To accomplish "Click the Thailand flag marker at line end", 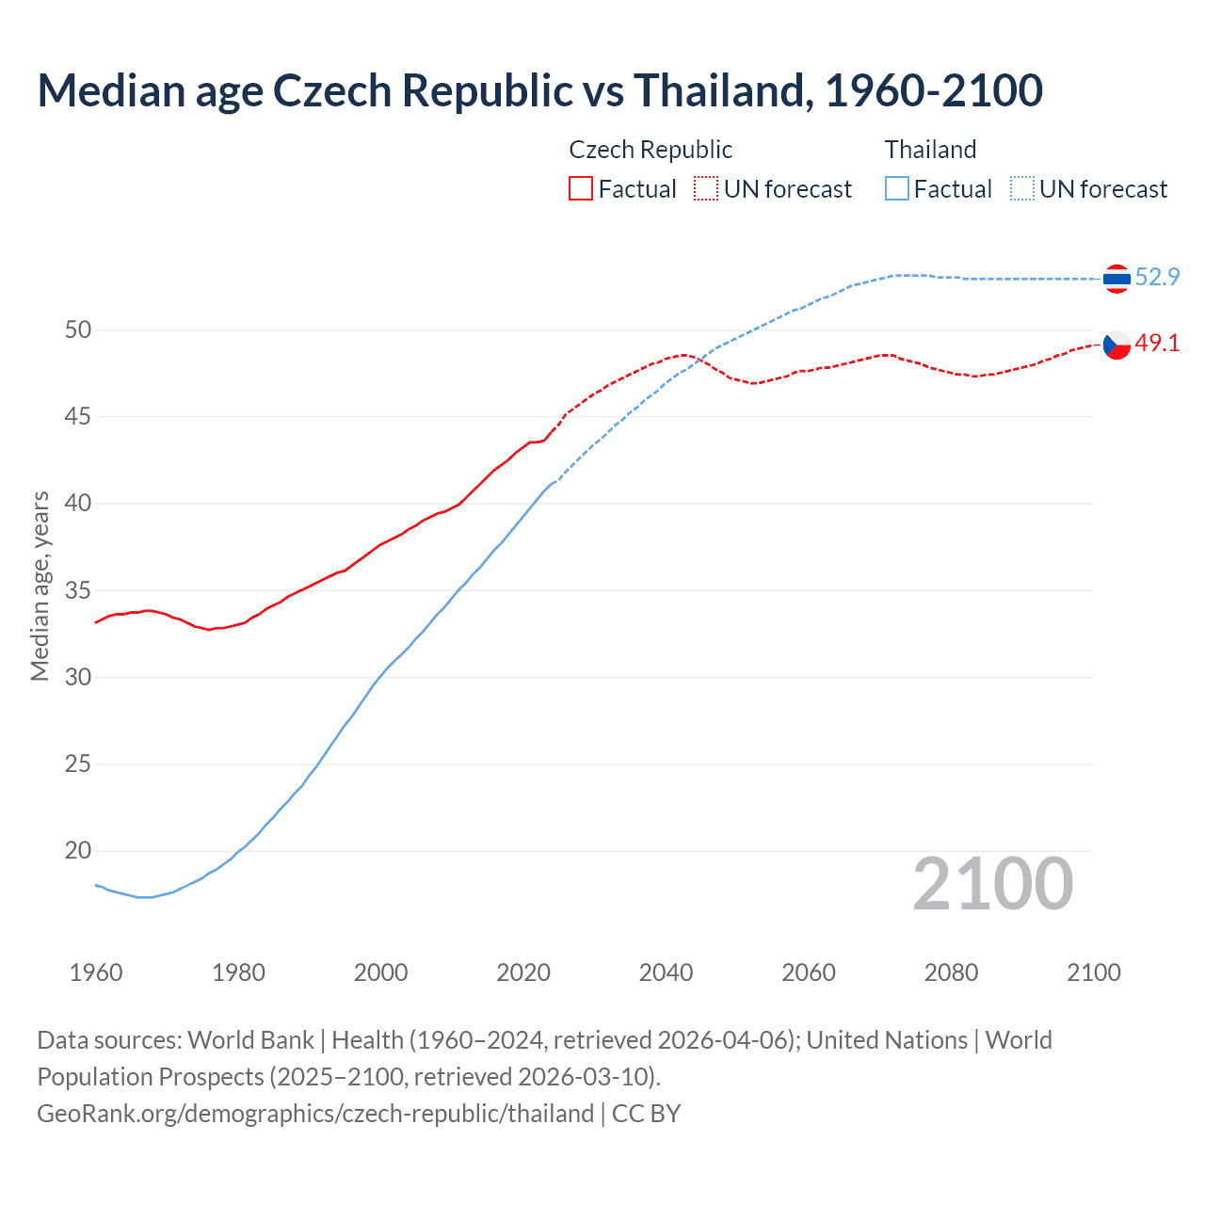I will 1117,279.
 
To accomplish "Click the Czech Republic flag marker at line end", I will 1117,345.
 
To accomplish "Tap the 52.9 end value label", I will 1157,277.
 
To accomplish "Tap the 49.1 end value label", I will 1157,344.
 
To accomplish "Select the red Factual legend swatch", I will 581,189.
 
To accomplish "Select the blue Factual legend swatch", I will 896,189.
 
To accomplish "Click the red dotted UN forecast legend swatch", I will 706,189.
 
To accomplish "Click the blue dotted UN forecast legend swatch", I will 1021,189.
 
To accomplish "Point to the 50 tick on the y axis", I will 78,329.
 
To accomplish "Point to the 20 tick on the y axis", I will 78,851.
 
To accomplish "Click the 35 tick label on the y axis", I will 78,590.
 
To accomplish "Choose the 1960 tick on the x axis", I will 96,972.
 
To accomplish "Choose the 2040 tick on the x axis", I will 666,972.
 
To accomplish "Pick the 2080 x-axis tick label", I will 951,972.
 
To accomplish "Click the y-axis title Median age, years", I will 40,586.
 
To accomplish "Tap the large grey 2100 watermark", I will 992,884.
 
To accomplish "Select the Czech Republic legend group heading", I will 651,150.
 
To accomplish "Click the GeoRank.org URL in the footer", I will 315,1114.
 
